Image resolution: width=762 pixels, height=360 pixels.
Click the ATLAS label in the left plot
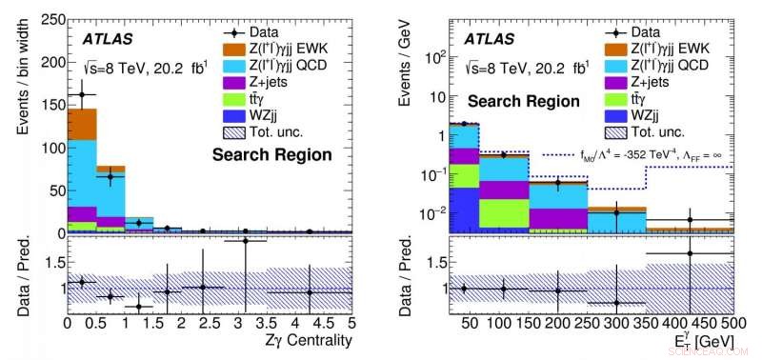click(x=107, y=39)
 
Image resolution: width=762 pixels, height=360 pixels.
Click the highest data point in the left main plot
click(x=82, y=94)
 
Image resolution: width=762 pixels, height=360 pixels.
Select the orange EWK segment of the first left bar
click(x=82, y=124)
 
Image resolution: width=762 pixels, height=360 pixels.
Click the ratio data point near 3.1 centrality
click(x=246, y=241)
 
